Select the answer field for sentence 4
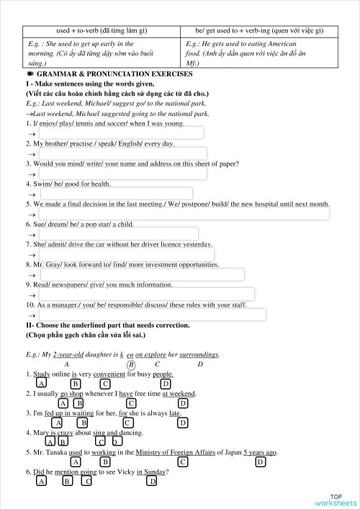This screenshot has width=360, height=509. tap(115, 194)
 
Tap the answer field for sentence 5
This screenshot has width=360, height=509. tap(184, 214)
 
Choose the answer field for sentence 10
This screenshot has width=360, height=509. tap(152, 314)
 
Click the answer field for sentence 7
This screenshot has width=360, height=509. tap(126, 254)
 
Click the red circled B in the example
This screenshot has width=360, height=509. tap(131, 364)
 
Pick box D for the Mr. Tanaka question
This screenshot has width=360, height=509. tap(260, 461)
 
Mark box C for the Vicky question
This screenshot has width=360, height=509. tap(86, 481)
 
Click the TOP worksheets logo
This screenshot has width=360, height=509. tap(335, 500)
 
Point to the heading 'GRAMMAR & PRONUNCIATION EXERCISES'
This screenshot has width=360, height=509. tap(108, 75)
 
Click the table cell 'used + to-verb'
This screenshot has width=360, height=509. tap(102, 30)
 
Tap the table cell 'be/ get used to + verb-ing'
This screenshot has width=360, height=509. tap(259, 30)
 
